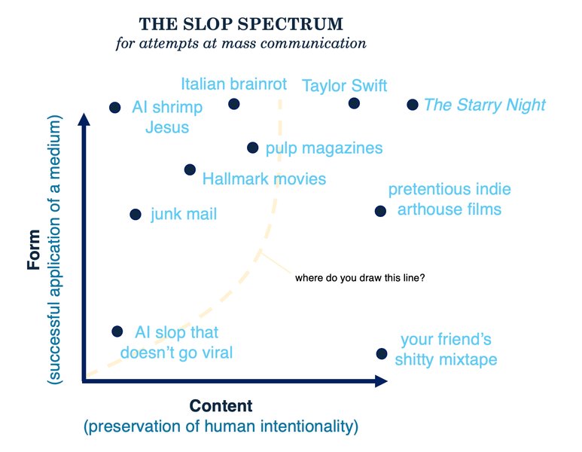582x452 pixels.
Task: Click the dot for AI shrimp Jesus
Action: tap(115, 108)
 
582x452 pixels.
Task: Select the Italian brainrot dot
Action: tap(234, 104)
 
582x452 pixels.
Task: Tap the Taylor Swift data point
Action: tap(354, 103)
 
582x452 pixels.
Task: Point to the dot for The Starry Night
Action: tap(412, 105)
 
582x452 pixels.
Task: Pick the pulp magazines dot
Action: tap(253, 148)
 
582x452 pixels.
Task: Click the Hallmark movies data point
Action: tap(190, 170)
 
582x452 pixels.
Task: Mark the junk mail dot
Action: tap(136, 215)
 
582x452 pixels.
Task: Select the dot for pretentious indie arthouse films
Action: tap(380, 211)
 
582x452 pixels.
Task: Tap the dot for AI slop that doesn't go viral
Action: tap(117, 331)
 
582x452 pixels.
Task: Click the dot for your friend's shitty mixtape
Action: tap(382, 354)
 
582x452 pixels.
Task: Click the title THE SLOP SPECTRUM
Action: tap(242, 23)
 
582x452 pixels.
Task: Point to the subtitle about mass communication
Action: tap(242, 43)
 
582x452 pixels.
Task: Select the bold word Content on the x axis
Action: tap(221, 406)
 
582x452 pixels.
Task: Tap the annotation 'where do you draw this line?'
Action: tap(360, 278)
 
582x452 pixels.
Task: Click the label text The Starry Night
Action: tap(484, 105)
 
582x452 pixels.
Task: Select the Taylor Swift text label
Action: tap(344, 85)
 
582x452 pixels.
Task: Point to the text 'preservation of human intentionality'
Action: tap(221, 426)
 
